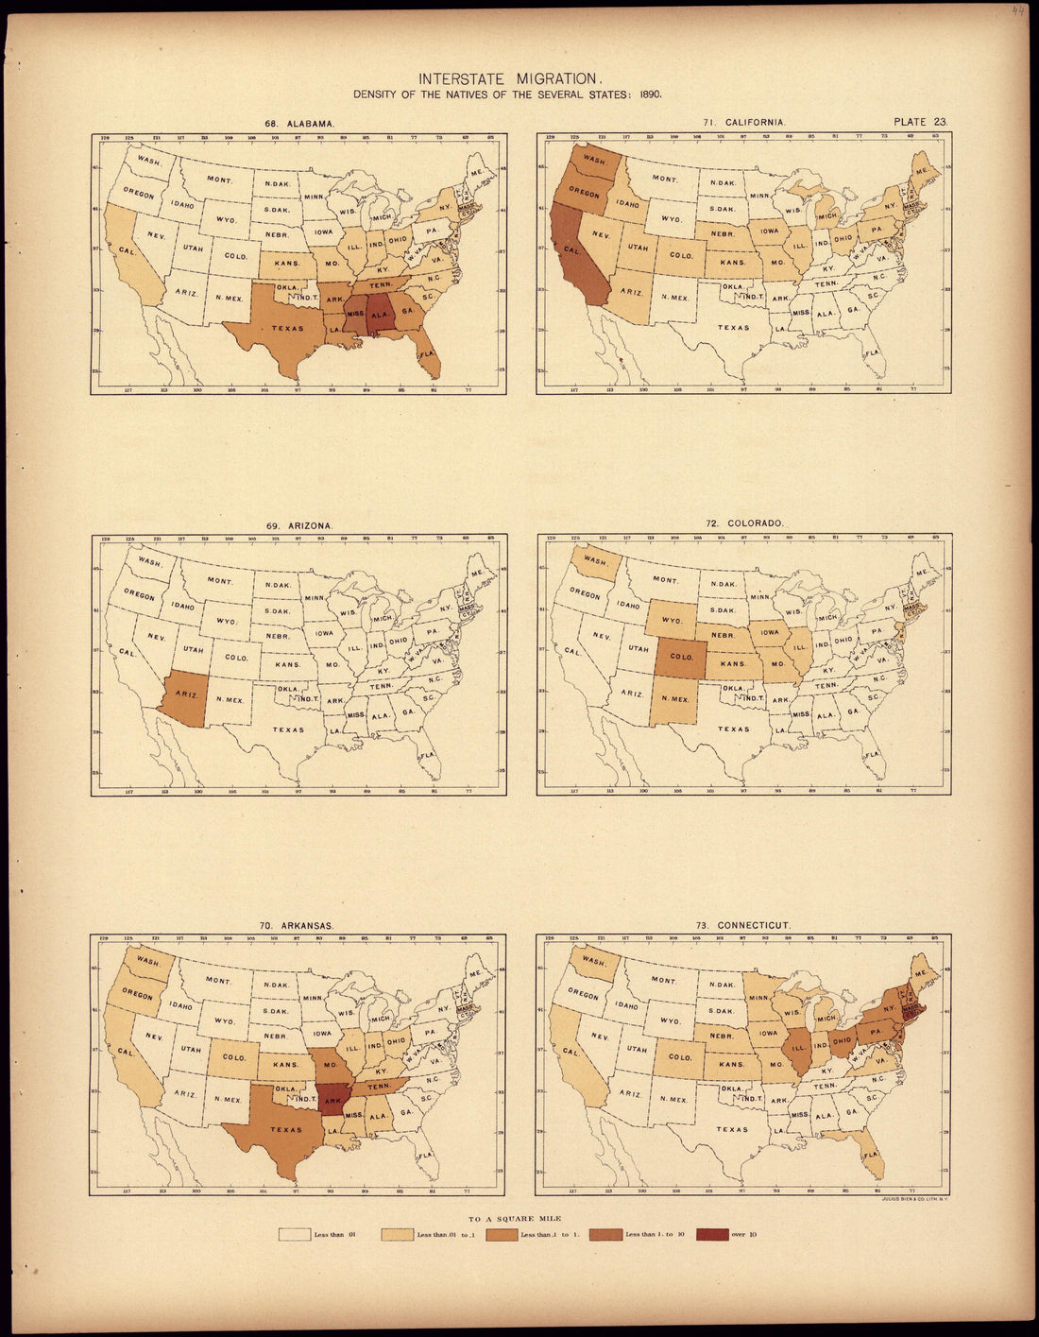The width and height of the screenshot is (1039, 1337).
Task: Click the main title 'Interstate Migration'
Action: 519,79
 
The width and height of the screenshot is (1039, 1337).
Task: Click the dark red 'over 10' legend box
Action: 712,1233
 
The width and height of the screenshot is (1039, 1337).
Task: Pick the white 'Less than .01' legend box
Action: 297,1233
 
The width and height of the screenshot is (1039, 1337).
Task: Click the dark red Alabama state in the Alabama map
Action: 381,315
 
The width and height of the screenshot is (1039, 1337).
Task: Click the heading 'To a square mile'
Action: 519,1220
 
